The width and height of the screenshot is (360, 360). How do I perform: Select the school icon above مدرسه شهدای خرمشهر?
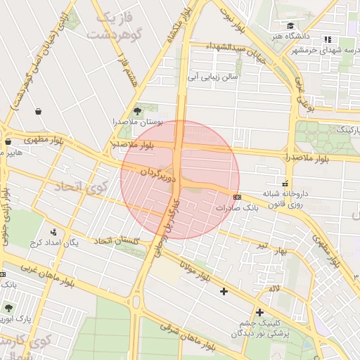(x=327, y=39)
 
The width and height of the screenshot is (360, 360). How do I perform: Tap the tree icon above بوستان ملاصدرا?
(x=137, y=110)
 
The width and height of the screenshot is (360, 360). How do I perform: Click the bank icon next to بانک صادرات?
(x=236, y=197)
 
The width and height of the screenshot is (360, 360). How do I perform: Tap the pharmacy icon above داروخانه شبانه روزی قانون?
(x=285, y=184)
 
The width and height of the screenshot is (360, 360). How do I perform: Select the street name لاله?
(x=274, y=288)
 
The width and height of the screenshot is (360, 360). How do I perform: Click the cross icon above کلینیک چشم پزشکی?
(x=259, y=312)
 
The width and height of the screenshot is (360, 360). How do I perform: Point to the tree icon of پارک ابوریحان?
(x=8, y=308)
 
